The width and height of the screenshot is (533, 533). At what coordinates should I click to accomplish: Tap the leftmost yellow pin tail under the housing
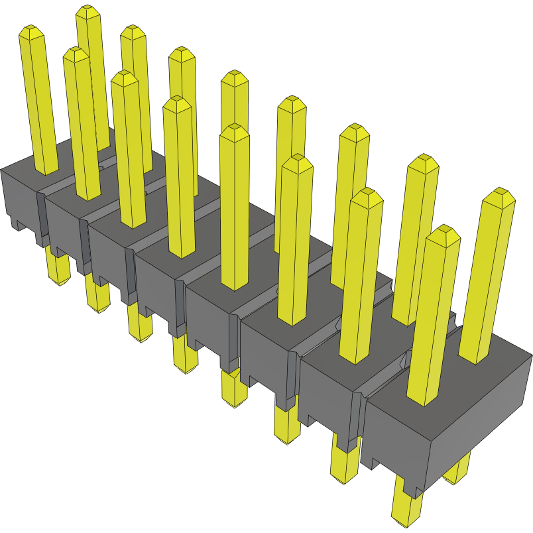(x=58, y=268)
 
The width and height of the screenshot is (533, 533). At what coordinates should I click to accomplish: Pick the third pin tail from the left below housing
(x=140, y=326)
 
